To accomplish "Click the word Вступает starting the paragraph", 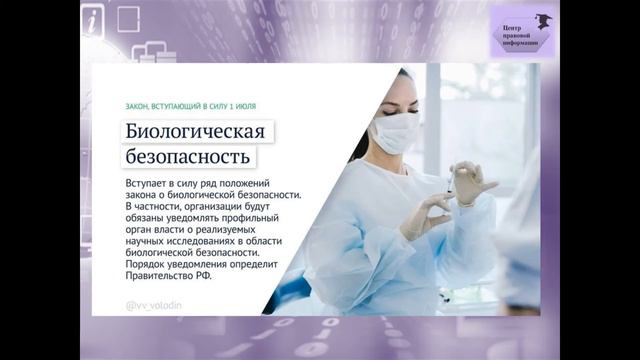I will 148,186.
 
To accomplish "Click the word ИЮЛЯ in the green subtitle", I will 249,104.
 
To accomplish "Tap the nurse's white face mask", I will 395,132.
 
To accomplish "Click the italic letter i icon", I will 93,24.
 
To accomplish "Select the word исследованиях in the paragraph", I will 203,240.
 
